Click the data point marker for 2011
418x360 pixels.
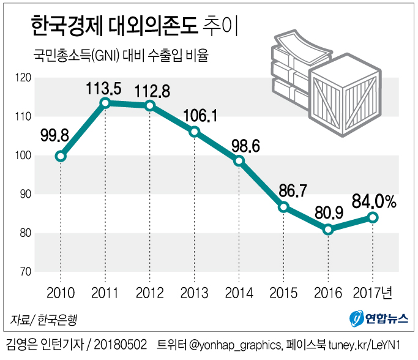coord(105,103)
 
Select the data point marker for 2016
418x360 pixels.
coord(329,230)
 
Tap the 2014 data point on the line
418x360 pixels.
coord(239,161)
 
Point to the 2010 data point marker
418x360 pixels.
coord(61,156)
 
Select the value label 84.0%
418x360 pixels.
coord(375,200)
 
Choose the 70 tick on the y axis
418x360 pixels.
coord(24,272)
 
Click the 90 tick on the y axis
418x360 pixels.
coord(24,194)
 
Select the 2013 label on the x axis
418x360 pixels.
coord(195,293)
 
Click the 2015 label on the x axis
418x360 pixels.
coord(284,293)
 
